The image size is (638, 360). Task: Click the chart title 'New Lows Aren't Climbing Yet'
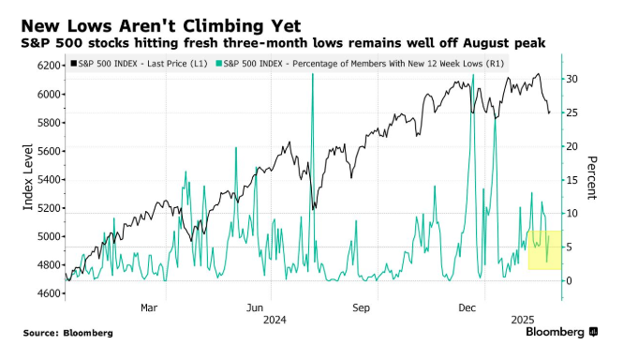pyautogui.click(x=161, y=26)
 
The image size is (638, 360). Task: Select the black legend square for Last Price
pyautogui.click(x=74, y=64)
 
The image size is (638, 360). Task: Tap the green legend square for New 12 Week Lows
pyautogui.click(x=219, y=64)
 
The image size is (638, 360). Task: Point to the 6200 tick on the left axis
pyautogui.click(x=49, y=66)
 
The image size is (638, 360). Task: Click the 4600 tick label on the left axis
pyautogui.click(x=49, y=293)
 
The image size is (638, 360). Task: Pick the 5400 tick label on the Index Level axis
pyautogui.click(x=49, y=180)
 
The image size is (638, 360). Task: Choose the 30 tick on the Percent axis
pyautogui.click(x=571, y=79)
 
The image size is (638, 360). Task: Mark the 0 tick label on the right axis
pyautogui.click(x=569, y=281)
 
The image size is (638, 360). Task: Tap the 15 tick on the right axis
pyautogui.click(x=571, y=180)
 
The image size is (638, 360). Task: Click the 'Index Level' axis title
pyautogui.click(x=28, y=177)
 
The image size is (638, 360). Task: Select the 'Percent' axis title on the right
pyautogui.click(x=591, y=177)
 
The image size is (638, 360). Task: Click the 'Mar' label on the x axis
pyautogui.click(x=149, y=307)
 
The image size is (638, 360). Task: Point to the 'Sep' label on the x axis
pyautogui.click(x=361, y=307)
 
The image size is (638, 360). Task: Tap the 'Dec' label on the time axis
pyautogui.click(x=467, y=307)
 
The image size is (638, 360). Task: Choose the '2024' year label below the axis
pyautogui.click(x=274, y=320)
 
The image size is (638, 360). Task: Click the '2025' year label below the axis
pyautogui.click(x=523, y=320)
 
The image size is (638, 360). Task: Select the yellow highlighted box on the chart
pyautogui.click(x=544, y=249)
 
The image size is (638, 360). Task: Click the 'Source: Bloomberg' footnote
pyautogui.click(x=68, y=333)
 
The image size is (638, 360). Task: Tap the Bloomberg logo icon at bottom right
pyautogui.click(x=594, y=332)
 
